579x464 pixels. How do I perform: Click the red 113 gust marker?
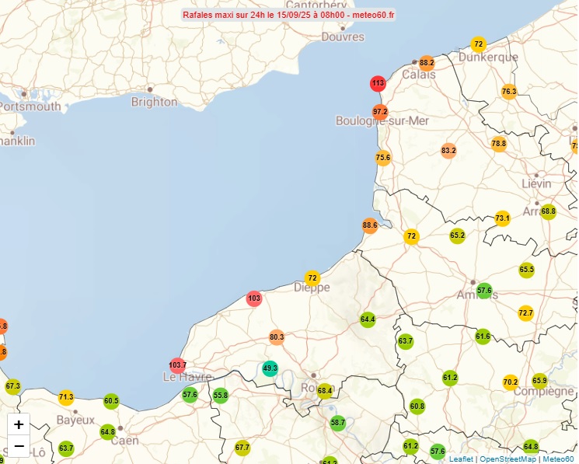click(x=378, y=84)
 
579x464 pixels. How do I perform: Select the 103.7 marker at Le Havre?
click(x=178, y=365)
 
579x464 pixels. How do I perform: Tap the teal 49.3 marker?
click(x=270, y=368)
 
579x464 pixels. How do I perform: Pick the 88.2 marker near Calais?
click(x=427, y=63)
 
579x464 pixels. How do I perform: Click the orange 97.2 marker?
click(x=380, y=112)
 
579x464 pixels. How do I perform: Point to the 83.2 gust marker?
click(x=448, y=151)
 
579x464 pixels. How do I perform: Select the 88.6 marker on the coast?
click(x=370, y=226)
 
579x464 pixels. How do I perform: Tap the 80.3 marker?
click(x=277, y=337)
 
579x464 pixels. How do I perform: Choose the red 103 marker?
click(x=254, y=298)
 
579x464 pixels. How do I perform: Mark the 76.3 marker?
click(x=509, y=92)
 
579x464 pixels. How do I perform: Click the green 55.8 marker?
click(x=221, y=396)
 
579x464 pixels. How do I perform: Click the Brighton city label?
click(x=154, y=102)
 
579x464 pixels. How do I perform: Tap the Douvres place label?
click(x=342, y=37)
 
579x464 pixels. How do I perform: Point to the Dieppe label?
click(x=312, y=288)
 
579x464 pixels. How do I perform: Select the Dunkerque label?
click(x=488, y=58)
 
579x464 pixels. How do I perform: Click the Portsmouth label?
click(x=30, y=106)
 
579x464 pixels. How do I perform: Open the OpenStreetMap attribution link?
click(x=507, y=459)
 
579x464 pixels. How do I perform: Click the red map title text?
click(x=288, y=15)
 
